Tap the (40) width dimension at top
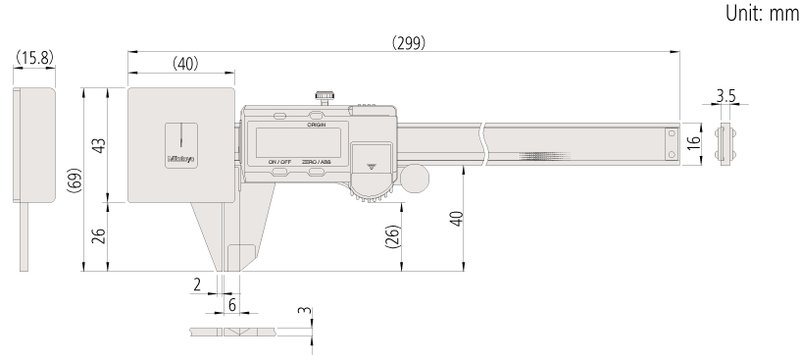tap(184, 63)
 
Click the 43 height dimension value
tap(99, 146)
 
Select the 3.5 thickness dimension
tap(725, 96)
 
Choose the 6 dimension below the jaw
tap(232, 305)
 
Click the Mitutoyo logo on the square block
tap(181, 157)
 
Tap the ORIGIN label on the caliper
tap(316, 126)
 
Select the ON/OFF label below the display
tap(279, 161)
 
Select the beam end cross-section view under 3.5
tap(725, 144)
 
